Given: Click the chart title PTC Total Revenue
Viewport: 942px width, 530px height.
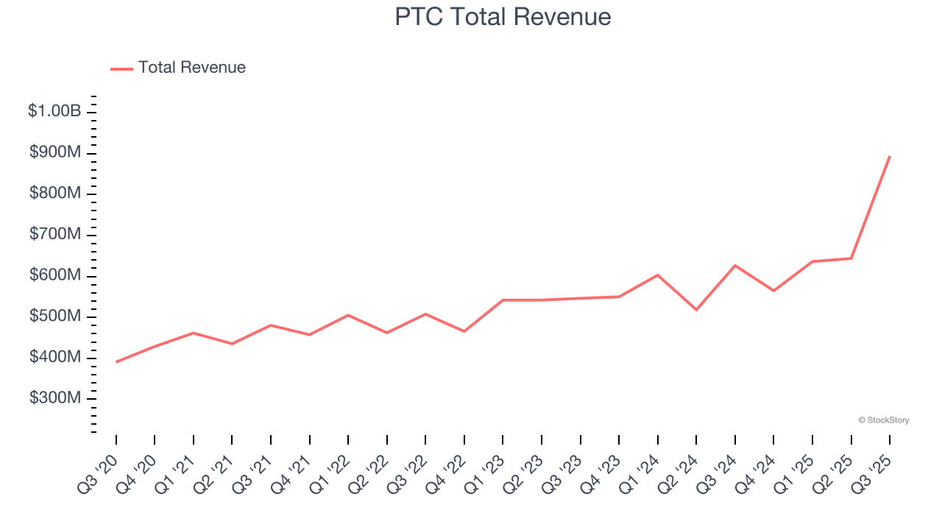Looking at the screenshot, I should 503,17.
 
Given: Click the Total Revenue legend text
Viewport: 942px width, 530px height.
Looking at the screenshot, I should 191,68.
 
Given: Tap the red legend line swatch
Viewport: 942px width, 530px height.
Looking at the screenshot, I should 121,68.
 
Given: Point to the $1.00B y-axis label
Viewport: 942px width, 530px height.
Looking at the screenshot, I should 54,111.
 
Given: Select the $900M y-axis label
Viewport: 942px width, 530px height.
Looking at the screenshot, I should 55,152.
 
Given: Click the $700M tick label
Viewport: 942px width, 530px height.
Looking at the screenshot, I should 55,234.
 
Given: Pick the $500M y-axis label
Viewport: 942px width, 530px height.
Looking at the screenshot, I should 55,316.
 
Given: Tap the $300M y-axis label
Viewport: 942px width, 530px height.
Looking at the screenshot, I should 55,398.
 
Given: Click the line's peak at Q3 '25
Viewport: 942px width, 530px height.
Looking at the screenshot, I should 890,156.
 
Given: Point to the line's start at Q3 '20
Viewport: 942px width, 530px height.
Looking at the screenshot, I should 116,361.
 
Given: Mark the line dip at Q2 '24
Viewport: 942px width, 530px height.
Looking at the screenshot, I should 696,309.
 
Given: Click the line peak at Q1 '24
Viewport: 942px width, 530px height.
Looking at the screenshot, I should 657,275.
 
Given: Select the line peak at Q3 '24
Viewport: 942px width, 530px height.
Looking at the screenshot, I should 734,266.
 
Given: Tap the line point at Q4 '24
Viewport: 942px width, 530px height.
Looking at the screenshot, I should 773,291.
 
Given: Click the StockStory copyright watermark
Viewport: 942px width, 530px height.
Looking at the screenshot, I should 883,420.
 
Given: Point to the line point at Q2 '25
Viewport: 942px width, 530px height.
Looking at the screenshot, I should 851,258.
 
